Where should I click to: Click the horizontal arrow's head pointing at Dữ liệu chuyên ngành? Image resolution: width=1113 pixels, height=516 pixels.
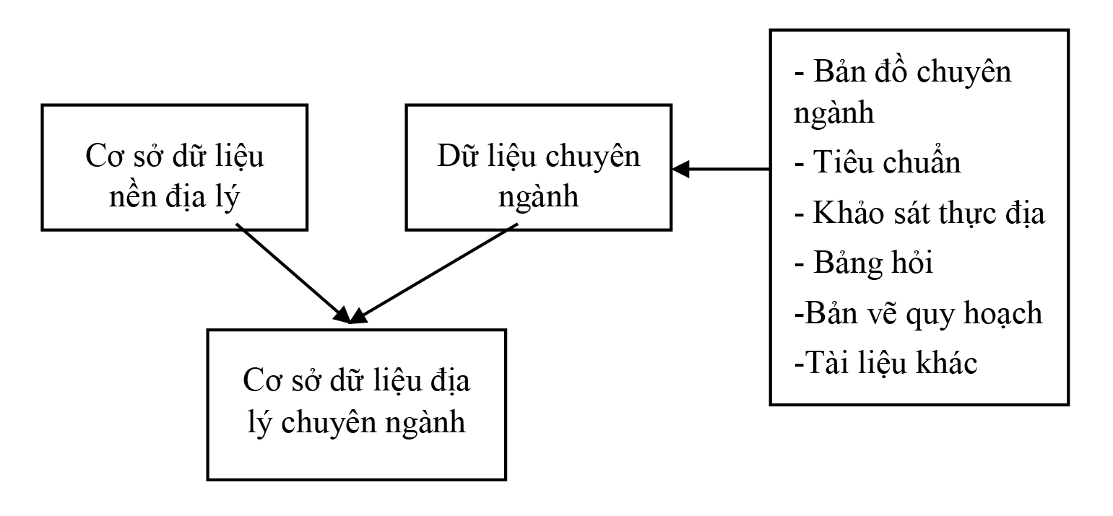coord(680,169)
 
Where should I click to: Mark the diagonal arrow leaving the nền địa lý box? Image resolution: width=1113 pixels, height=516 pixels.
coord(294,274)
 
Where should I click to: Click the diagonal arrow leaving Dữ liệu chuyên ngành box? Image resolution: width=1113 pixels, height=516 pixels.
coord(434,274)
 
